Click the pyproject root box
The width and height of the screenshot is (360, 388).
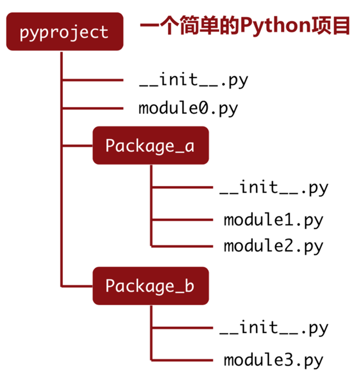[63, 32]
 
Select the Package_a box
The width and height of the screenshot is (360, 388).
[150, 145]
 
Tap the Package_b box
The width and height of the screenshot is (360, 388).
[150, 285]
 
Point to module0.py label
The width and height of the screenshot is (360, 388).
[188, 108]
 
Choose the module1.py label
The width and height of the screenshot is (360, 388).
[273, 220]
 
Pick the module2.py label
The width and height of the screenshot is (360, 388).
[273, 246]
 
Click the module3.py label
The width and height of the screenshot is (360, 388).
[273, 360]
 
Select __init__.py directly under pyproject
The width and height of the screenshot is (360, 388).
[193, 80]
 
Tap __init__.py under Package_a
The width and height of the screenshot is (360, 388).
[273, 188]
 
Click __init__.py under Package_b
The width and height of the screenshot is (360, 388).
[273, 328]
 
